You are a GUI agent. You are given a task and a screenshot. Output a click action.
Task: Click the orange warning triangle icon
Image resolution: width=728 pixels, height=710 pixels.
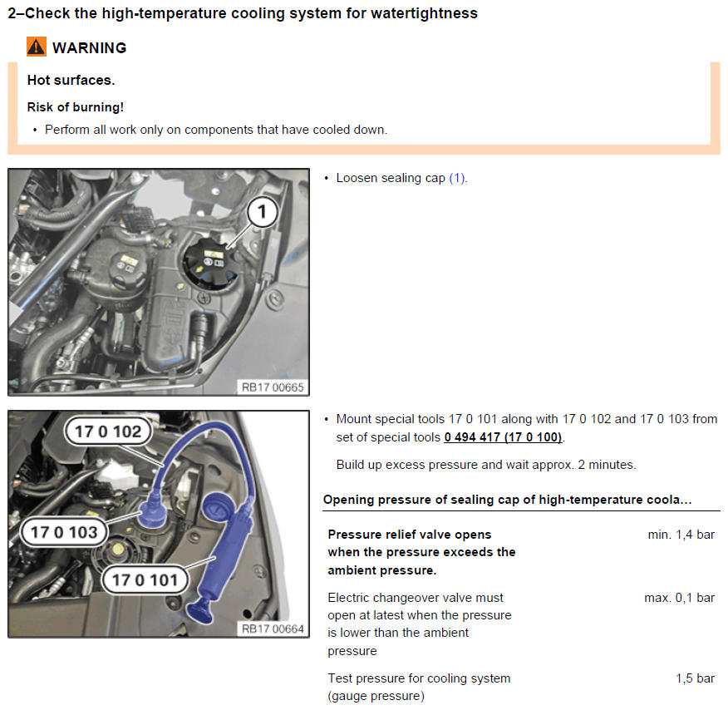(x=37, y=47)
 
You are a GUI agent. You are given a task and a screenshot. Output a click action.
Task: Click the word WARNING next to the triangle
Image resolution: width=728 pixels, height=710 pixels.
(x=89, y=48)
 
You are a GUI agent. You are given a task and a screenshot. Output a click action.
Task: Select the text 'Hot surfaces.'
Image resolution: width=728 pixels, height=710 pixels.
(x=71, y=81)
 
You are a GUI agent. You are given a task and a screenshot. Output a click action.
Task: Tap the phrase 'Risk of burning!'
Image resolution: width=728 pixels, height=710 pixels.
(x=76, y=107)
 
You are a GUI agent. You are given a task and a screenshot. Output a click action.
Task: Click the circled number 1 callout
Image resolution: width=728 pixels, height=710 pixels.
(x=263, y=212)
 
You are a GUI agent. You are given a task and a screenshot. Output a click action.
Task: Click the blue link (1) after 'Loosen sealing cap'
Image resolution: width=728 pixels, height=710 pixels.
(x=458, y=178)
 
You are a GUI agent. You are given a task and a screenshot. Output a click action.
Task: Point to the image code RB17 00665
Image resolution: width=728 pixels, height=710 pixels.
(x=273, y=387)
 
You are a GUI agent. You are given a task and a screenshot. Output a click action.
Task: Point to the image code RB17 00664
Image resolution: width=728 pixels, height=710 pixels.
(x=273, y=629)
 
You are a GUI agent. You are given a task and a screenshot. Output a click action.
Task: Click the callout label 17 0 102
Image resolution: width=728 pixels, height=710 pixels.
(x=108, y=431)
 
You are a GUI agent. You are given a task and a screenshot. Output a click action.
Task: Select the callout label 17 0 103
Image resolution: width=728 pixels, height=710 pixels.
(x=64, y=532)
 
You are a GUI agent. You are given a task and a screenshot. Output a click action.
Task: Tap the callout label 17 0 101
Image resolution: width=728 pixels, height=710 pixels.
(x=145, y=580)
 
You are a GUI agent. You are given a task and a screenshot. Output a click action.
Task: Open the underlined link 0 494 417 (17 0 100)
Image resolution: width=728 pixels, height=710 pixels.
(x=504, y=437)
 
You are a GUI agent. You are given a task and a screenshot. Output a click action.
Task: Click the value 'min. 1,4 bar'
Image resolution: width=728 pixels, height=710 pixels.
(x=681, y=535)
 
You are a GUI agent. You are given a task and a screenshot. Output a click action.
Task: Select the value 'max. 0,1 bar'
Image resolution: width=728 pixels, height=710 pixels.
(x=679, y=598)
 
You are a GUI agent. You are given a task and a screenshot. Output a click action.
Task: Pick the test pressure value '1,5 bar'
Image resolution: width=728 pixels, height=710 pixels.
(x=695, y=678)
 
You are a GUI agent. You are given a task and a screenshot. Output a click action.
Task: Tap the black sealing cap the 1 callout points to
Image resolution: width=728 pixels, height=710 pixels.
(x=210, y=263)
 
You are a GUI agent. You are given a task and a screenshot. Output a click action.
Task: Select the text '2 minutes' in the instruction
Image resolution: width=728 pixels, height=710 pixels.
(x=606, y=465)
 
